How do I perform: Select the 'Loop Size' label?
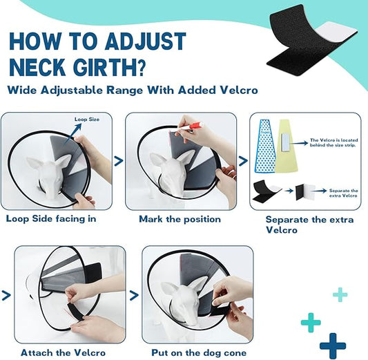87,120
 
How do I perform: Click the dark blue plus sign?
332,344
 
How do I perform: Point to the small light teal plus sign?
340,295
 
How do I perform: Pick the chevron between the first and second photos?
118,162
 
